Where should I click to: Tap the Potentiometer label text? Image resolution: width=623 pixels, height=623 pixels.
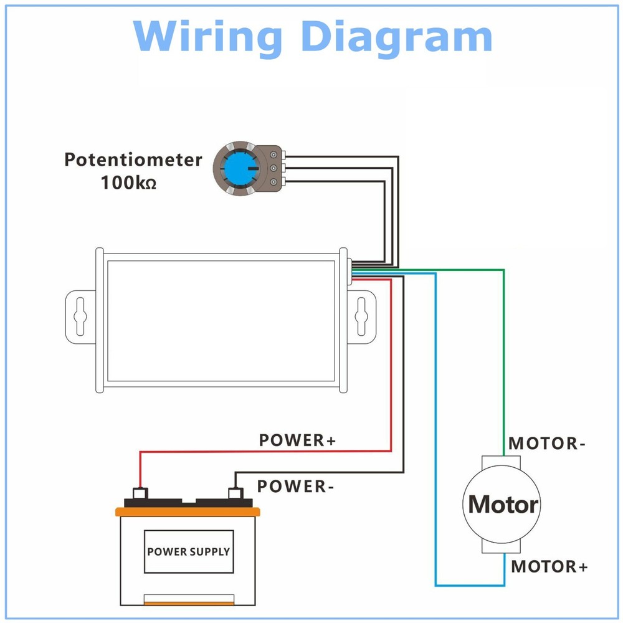133,159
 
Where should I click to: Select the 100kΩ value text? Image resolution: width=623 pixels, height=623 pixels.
128,184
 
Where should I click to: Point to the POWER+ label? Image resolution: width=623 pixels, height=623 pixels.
297,440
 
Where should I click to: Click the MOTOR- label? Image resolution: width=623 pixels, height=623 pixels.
547,444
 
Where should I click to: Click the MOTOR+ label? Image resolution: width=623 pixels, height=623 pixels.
549,567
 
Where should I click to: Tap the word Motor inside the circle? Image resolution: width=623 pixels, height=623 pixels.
503,504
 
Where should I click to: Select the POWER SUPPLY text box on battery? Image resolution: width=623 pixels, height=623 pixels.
188,551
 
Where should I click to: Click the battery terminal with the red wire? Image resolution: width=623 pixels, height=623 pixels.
140,493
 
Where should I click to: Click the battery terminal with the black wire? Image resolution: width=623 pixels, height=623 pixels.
235,493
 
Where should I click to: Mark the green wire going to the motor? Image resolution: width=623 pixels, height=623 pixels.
503,349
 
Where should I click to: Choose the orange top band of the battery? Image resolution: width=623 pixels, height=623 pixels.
188,511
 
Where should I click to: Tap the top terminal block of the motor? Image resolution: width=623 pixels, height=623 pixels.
502,462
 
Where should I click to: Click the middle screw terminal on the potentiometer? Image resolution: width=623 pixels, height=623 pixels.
273,168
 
